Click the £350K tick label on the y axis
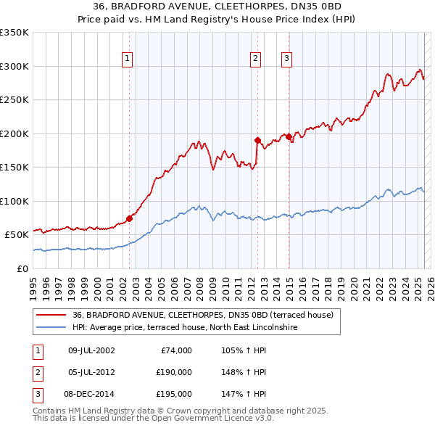[x=14, y=33]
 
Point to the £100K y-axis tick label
[x=14, y=201]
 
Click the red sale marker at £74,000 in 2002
[x=129, y=218]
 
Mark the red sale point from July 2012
[x=257, y=140]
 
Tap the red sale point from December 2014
[x=289, y=136]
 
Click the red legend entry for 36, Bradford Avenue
[x=202, y=315]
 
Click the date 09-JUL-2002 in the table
[x=91, y=350]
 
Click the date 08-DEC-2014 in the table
[x=91, y=394]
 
